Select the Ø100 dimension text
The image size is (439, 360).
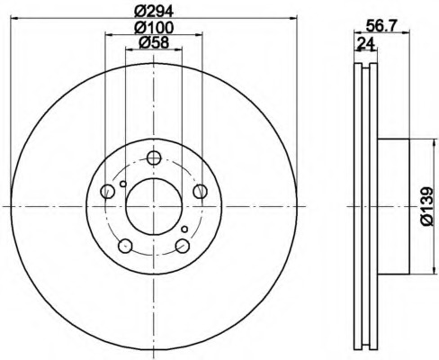tap(153, 28)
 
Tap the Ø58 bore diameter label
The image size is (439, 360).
tap(153, 44)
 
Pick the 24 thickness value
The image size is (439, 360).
tap(364, 42)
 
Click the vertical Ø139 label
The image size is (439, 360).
tap(428, 206)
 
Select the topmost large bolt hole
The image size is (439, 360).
tap(154, 158)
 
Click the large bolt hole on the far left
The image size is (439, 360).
tap(108, 190)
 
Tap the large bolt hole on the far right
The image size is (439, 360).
tap(200, 190)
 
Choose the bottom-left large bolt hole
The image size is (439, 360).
tap(126, 246)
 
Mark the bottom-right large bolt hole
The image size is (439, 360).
tap(183, 246)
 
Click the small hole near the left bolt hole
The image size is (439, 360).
tap(123, 186)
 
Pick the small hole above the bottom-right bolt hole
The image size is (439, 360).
tap(184, 229)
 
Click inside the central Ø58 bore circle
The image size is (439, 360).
tap(154, 206)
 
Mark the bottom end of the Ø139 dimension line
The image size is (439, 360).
tap(419, 274)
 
